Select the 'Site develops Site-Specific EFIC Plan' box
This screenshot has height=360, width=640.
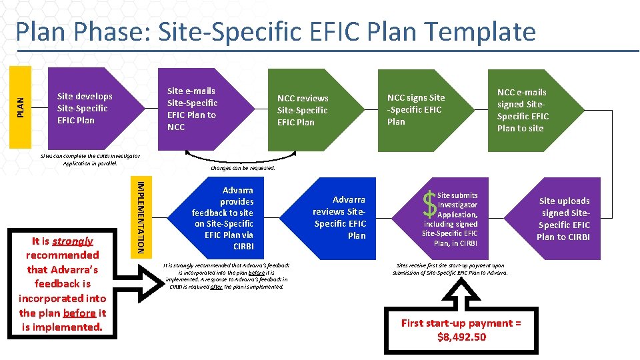(x=85, y=108)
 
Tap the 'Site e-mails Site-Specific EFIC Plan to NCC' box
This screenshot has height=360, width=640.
(x=193, y=108)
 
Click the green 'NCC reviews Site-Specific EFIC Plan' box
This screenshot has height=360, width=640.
(x=303, y=110)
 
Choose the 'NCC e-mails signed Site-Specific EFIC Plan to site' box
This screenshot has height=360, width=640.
(x=523, y=110)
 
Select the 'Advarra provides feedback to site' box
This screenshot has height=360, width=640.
(x=223, y=218)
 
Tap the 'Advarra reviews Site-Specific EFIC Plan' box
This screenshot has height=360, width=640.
(x=339, y=217)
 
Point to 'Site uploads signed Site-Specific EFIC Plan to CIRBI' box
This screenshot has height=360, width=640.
(x=564, y=219)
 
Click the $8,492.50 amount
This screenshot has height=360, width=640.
(x=461, y=337)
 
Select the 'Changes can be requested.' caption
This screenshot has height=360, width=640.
(x=243, y=169)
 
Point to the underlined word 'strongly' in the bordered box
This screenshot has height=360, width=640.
(x=73, y=241)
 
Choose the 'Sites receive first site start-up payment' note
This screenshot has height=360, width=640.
(x=450, y=269)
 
